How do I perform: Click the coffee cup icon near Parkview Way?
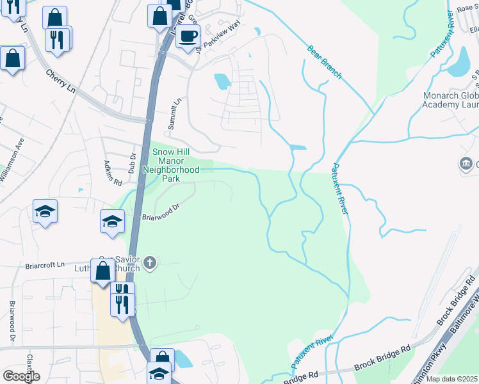point(188,36)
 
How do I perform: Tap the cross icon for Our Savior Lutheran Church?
point(150,262)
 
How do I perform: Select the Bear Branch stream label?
point(325,62)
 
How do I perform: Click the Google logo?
point(21,376)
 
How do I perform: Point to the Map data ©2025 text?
point(451,379)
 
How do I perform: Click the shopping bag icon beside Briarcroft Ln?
point(102,271)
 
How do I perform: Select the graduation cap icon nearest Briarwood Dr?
point(112,222)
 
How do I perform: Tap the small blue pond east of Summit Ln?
point(222,81)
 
